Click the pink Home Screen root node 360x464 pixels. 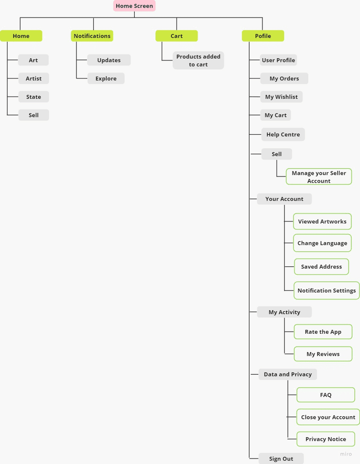click(134, 6)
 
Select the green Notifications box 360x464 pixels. click(92, 36)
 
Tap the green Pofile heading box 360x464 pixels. click(263, 36)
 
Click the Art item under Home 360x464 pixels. click(33, 60)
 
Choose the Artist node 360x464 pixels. click(34, 79)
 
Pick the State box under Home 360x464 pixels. click(34, 97)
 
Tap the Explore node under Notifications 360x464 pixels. click(106, 79)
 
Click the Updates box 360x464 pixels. click(109, 60)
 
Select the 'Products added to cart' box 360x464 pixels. click(198, 61)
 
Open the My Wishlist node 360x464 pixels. click(281, 97)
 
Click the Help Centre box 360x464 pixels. click(283, 134)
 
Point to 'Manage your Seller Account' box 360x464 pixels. click(319, 177)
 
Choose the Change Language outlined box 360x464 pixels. click(322, 243)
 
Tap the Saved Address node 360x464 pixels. click(321, 267)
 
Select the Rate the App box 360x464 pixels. click(323, 332)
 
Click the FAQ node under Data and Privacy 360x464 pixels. click(326, 395)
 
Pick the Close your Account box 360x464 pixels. click(328, 417)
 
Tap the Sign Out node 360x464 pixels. click(281, 459)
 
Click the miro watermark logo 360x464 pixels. click(346, 454)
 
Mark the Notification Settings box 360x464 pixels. click(327, 290)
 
